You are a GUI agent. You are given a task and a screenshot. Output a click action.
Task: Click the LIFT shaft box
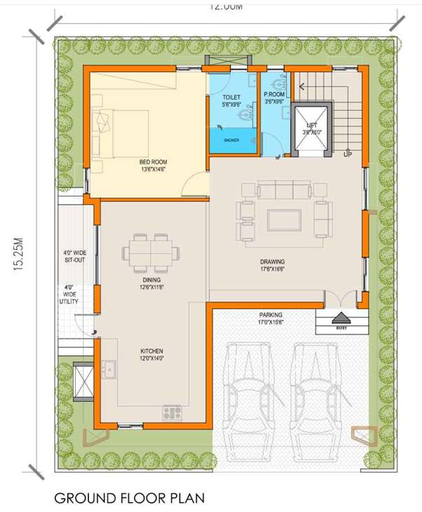pyautogui.click(x=311, y=130)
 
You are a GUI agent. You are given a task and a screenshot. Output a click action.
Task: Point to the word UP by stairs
pyautogui.click(x=348, y=154)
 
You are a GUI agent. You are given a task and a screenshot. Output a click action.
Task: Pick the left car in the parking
pyautogui.click(x=249, y=393)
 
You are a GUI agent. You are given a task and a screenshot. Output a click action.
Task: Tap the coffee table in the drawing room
pyautogui.click(x=285, y=220)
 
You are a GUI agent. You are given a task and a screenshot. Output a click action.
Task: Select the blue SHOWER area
pyautogui.click(x=232, y=140)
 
